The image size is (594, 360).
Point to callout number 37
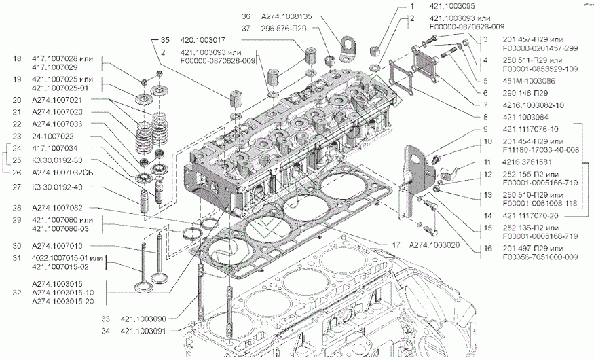[x=246, y=28]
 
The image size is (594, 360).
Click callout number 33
[x=105, y=318]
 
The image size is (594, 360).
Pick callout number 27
[x=17, y=187]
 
